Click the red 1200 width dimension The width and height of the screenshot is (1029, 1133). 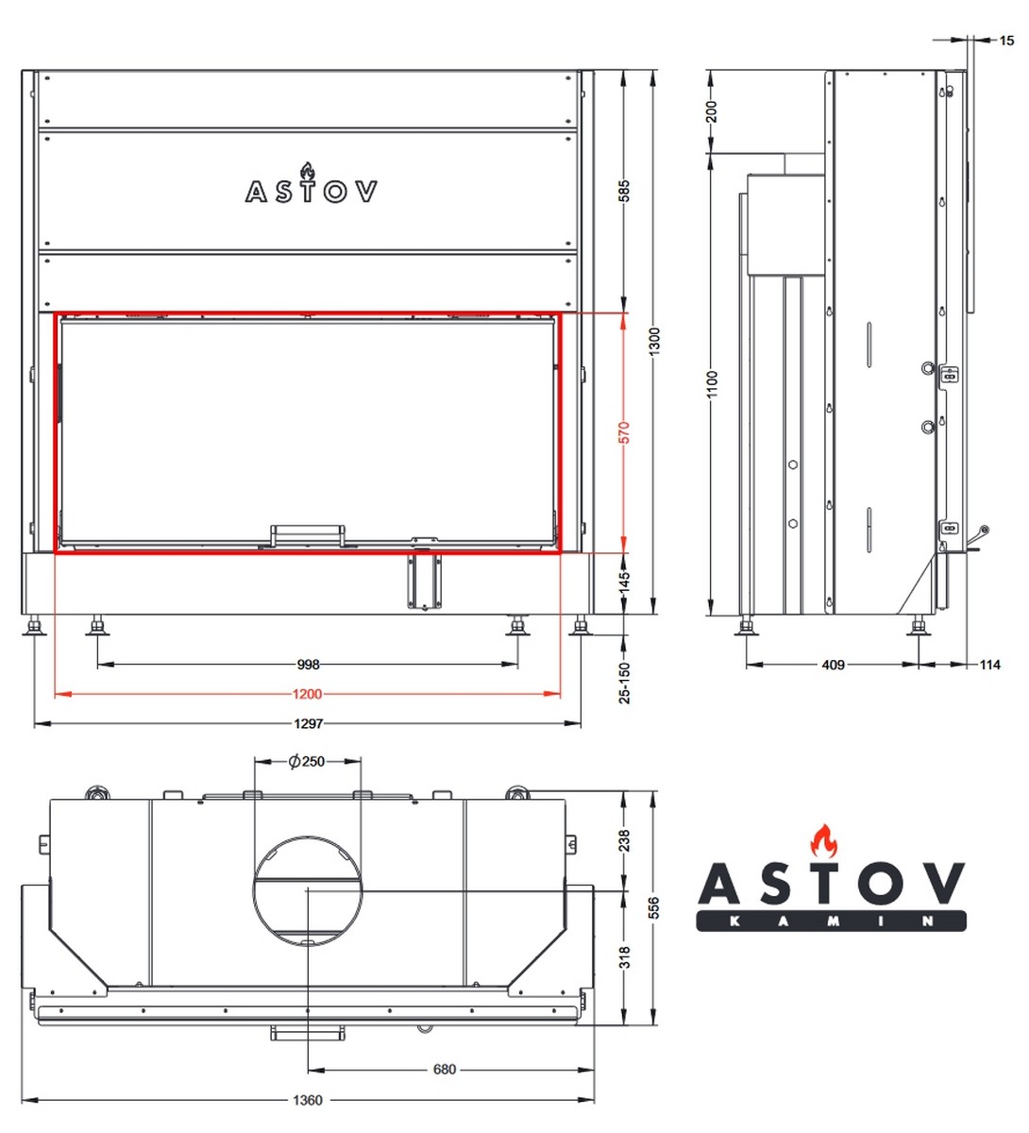pos(307,694)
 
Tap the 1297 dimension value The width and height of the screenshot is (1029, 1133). pos(308,723)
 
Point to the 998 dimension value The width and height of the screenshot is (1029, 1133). pos(309,664)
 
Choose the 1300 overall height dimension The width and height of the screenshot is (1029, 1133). pos(654,341)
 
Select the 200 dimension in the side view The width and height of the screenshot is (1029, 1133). pos(712,111)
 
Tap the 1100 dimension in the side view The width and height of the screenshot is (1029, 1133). pos(712,384)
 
